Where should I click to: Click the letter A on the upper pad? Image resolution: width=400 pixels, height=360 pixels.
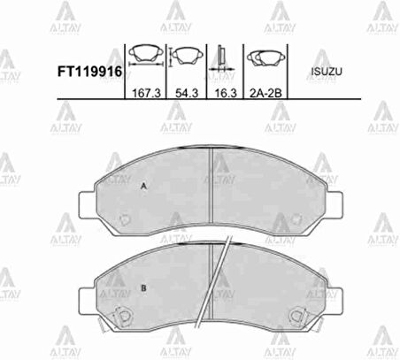(142, 186)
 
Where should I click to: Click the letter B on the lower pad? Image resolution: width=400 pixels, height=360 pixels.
(142, 288)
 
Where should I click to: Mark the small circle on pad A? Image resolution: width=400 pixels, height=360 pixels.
(126, 218)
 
